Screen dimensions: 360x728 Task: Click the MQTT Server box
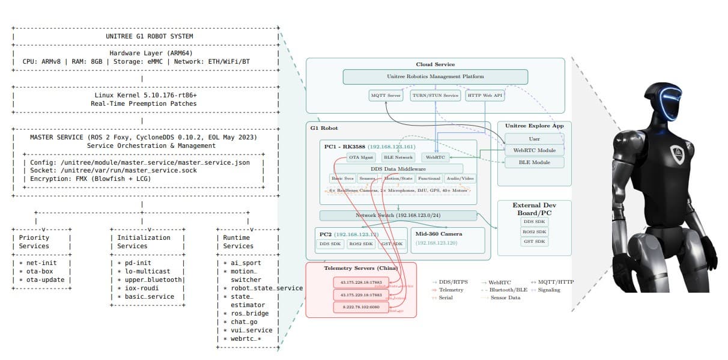pos(385,95)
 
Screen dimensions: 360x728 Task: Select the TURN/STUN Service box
pos(435,95)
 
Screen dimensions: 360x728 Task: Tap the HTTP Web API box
pos(485,95)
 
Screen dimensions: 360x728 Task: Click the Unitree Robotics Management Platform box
pos(435,76)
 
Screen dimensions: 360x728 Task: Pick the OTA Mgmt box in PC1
pos(362,157)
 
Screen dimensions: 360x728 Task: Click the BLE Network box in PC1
pos(398,157)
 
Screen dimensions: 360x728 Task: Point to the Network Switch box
pos(398,215)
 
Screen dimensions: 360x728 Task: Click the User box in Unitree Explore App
pos(534,139)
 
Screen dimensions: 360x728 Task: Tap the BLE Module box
pos(534,162)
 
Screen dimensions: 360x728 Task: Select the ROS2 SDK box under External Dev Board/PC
pos(534,231)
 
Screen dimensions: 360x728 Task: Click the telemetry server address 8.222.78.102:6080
pos(362,307)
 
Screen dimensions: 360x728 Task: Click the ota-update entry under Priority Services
pos(45,279)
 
